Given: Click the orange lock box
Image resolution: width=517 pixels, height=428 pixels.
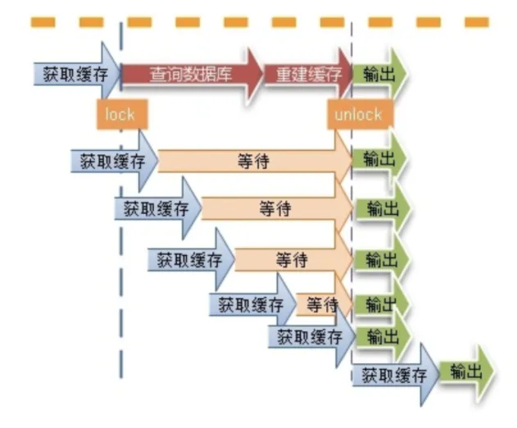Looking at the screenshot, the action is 122,114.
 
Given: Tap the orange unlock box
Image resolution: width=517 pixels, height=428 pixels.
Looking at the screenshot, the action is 360,114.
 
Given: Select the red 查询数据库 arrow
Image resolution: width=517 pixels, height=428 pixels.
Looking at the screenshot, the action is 192,74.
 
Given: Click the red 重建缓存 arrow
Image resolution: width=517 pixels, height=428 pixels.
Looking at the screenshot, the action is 309,74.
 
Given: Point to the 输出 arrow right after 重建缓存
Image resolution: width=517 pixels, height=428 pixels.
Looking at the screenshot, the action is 379,74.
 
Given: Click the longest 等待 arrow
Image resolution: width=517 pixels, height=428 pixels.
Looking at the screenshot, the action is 255,161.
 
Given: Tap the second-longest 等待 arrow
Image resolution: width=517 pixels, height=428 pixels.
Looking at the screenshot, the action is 276,208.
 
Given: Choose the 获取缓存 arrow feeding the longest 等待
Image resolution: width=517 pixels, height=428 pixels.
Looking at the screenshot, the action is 115,161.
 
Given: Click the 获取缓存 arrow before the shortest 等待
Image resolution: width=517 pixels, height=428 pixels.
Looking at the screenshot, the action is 252,304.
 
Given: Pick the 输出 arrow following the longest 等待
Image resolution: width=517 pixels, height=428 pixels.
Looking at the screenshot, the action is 379,159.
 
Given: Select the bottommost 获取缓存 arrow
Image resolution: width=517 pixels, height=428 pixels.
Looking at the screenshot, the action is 395,375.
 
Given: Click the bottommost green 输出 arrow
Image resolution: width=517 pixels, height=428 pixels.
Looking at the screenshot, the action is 466,371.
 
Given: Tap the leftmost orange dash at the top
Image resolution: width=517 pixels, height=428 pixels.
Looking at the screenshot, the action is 43,22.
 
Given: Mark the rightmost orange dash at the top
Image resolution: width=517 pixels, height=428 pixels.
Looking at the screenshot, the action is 477,22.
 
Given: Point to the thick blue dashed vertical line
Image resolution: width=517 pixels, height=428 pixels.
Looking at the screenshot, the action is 121,200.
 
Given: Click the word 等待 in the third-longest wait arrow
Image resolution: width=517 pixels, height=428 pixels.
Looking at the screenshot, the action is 293,259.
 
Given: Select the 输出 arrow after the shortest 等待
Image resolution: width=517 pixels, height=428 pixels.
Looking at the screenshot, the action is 381,304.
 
